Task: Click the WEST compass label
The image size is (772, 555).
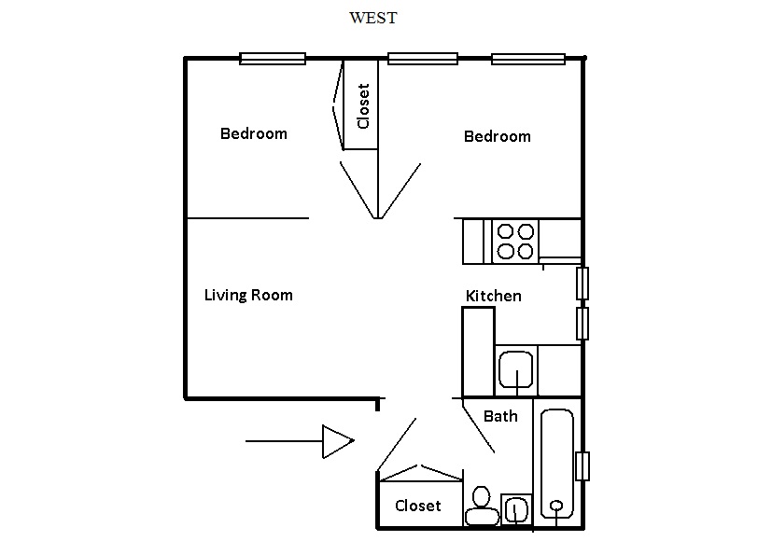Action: [x=372, y=18]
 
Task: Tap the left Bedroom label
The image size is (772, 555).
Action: [x=253, y=133]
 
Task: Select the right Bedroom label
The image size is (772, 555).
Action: [x=497, y=136]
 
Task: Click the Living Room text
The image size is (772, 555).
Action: [x=248, y=295]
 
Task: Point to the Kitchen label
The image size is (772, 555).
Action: [x=493, y=296]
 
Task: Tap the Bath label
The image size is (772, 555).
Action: [x=500, y=416]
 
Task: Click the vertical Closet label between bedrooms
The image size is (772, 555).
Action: [x=363, y=106]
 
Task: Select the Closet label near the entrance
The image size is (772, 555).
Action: [x=417, y=506]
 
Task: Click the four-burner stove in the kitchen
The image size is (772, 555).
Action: [x=514, y=241]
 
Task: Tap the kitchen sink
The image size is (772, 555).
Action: [x=515, y=369]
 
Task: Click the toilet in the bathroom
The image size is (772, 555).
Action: [x=482, y=506]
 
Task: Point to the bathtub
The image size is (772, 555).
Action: [x=557, y=463]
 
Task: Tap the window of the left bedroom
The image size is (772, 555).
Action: [x=273, y=59]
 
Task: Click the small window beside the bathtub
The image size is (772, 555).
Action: [x=583, y=465]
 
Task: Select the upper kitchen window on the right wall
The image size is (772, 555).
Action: [x=582, y=283]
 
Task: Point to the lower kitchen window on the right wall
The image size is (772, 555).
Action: [x=582, y=323]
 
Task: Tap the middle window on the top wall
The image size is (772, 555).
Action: [x=423, y=60]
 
